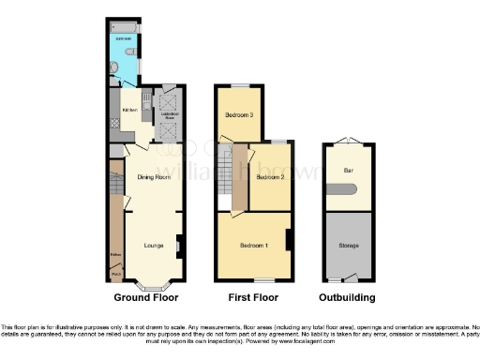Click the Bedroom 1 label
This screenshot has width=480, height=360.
[x=253, y=246]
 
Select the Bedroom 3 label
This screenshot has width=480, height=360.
[x=238, y=115]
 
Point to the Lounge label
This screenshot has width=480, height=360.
[x=156, y=245]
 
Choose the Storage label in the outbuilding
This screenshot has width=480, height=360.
[x=348, y=246]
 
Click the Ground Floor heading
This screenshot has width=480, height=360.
[x=146, y=297]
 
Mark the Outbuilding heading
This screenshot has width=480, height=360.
[x=348, y=297]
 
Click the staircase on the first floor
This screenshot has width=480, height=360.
[x=224, y=173]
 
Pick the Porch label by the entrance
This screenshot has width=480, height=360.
[x=115, y=275]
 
